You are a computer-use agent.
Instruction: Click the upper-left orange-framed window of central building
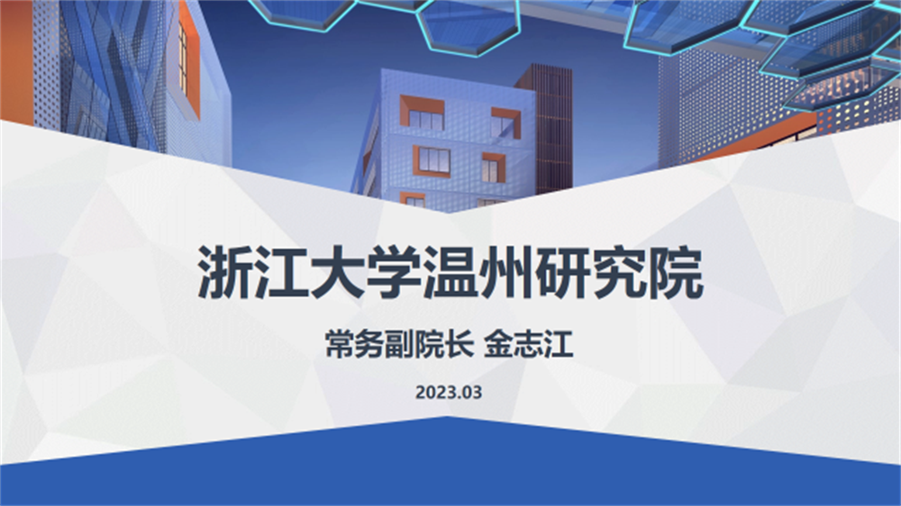[423, 113]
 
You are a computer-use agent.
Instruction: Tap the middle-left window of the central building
[432, 160]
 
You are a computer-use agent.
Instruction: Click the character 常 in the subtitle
[341, 345]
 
